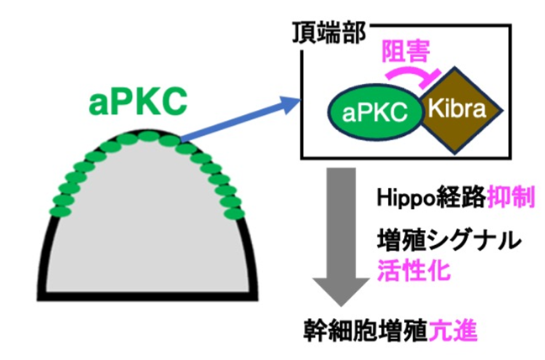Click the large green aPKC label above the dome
coord(138,102)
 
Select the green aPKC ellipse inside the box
coord(375,112)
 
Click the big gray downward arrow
coord(341,237)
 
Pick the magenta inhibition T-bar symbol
coord(413,76)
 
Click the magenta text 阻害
coord(406,51)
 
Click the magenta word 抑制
coord(511,197)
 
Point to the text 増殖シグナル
coord(449,240)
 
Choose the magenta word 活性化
coord(414,269)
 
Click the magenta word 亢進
coord(453,331)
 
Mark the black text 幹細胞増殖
coord(366,331)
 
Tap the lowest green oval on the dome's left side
coord(60,211)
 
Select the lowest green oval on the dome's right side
coord(233,213)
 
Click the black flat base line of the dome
coord(148,296)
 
